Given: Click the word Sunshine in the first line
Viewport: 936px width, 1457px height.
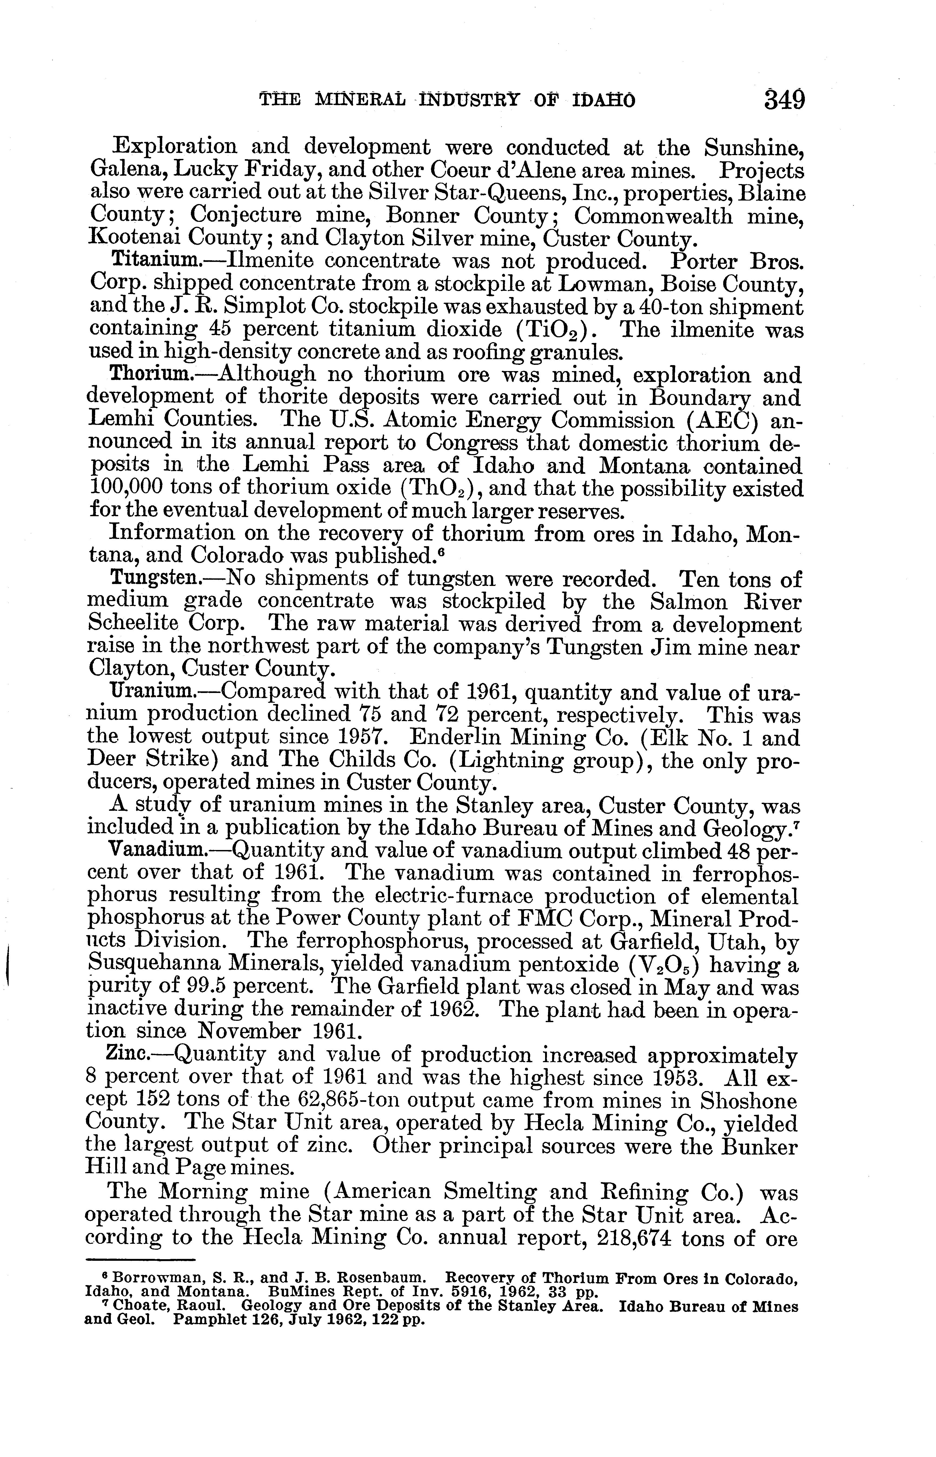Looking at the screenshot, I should point(754,148).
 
